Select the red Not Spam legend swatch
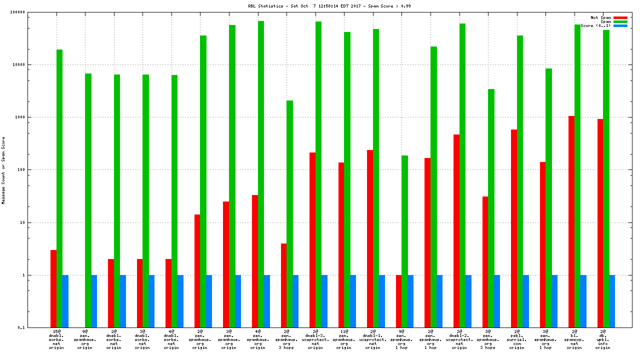click(x=620, y=17)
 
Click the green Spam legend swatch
click(x=620, y=21)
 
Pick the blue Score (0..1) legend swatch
click(x=620, y=25)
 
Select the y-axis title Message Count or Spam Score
click(x=3, y=170)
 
